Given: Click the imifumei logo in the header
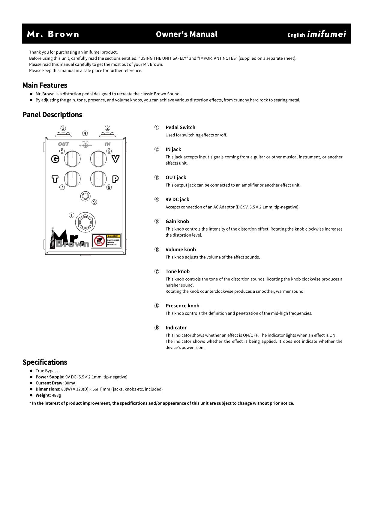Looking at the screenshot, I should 326,34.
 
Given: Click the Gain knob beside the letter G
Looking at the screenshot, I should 72,159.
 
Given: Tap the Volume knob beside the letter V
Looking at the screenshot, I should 98,159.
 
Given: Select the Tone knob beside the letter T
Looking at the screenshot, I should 72,179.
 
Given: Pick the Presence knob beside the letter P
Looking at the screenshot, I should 98,179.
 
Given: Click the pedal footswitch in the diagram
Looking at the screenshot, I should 85,222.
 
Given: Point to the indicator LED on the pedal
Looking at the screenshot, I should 85,196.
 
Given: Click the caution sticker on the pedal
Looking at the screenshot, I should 106,241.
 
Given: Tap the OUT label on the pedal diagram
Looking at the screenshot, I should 63,144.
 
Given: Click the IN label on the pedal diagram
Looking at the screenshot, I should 108,144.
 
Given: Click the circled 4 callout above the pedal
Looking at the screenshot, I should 85,133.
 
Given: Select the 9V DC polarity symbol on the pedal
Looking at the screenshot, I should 85,146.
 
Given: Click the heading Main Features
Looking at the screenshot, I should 45,85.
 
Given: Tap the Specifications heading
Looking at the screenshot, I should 45,362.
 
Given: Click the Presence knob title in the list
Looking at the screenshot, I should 182,306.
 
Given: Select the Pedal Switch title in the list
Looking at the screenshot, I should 180,127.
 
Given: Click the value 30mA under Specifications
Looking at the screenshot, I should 70,383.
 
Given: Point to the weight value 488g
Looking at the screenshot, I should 56,395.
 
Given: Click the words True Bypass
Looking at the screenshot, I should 47,371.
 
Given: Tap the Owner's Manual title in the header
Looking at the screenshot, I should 187,34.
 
